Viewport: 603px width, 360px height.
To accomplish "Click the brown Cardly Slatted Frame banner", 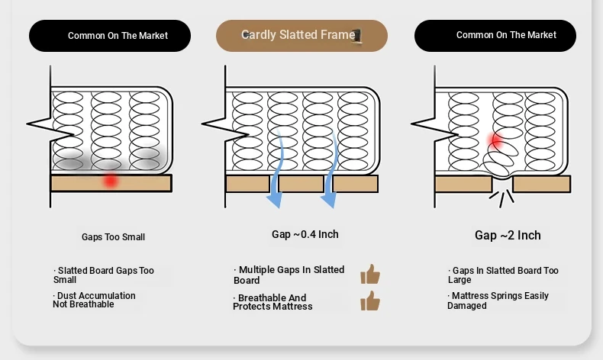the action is pyautogui.click(x=301, y=36).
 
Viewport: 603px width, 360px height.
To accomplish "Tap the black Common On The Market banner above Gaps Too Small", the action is pyautogui.click(x=110, y=36).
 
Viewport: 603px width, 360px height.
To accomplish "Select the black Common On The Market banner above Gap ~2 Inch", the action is pyautogui.click(x=495, y=36).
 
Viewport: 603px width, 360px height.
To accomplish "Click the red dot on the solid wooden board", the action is pyautogui.click(x=111, y=180).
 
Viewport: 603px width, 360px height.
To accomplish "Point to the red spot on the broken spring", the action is pyautogui.click(x=495, y=140).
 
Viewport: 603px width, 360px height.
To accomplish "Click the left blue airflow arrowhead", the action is pyautogui.click(x=275, y=201).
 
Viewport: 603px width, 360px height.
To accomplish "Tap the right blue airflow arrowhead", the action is pyautogui.click(x=328, y=201).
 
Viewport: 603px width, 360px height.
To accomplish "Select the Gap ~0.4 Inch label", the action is pyautogui.click(x=305, y=234).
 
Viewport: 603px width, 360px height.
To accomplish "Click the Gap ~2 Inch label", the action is pyautogui.click(x=508, y=235).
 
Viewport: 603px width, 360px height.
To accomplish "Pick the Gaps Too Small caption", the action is pyautogui.click(x=113, y=237).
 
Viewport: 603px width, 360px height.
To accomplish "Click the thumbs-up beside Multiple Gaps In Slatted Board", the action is pyautogui.click(x=370, y=274).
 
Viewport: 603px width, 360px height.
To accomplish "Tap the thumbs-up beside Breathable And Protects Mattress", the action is pyautogui.click(x=370, y=301).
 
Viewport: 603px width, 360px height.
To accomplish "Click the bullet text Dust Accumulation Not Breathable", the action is pyautogui.click(x=94, y=300).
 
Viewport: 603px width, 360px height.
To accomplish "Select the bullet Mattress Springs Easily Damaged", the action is pyautogui.click(x=498, y=301).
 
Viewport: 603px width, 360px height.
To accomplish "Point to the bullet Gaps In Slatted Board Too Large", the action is pyautogui.click(x=503, y=275).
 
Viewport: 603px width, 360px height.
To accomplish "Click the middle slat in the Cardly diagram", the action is pyautogui.click(x=301, y=184).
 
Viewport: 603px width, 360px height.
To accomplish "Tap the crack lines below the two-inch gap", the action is pyautogui.click(x=501, y=198).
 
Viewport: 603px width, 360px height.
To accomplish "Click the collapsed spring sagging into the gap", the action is pyautogui.click(x=500, y=161).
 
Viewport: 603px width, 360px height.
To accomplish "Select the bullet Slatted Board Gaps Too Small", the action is pyautogui.click(x=104, y=275).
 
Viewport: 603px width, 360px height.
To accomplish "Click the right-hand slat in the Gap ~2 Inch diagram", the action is pyautogui.click(x=541, y=184).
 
